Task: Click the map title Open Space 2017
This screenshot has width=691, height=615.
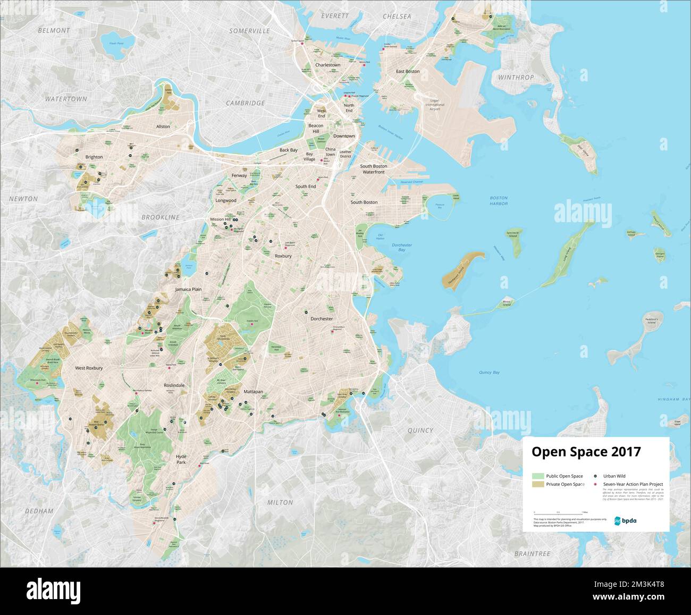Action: point(586,452)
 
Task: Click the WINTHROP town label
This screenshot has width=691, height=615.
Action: point(516,78)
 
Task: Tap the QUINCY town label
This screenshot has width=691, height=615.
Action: point(420,431)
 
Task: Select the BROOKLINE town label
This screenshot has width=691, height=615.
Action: point(161,217)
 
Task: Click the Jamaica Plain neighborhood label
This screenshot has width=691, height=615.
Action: point(189,289)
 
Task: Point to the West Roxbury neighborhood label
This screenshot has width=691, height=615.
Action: point(89,368)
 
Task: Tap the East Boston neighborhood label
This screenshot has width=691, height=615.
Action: point(408,71)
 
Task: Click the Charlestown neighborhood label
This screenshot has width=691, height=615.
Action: point(327,65)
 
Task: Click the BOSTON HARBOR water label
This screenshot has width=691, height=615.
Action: point(499,200)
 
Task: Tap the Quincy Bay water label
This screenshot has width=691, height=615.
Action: point(489,373)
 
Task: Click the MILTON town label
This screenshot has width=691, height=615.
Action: point(280,502)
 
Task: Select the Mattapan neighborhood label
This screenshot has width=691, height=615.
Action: point(253,391)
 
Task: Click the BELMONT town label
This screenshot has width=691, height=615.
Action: point(54,31)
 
